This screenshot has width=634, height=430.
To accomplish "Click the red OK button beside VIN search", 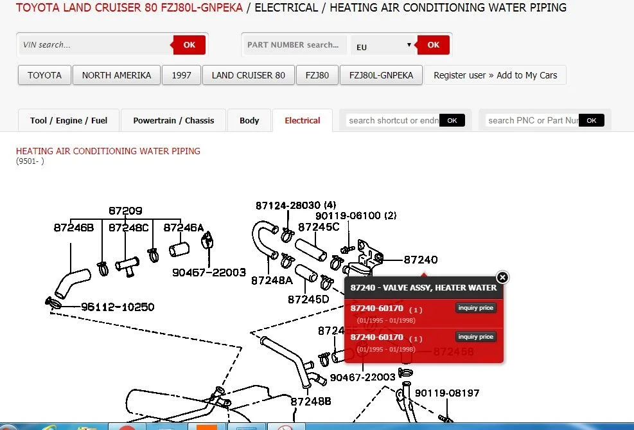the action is (x=189, y=45).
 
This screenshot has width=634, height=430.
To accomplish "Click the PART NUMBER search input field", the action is (x=295, y=45).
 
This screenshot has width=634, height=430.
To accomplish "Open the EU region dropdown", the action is (x=383, y=45).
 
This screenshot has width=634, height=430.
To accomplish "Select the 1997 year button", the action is (x=181, y=75).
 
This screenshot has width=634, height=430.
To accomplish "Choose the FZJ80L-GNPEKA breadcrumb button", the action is (x=381, y=75).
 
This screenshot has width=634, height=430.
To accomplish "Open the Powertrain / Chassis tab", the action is (x=173, y=121).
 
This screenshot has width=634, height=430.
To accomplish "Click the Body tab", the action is (x=249, y=121).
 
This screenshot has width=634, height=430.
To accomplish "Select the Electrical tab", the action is (x=303, y=121).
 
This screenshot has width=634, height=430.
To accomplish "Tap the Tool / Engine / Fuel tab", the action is (x=69, y=121).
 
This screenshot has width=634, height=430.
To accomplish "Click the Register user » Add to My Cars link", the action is (x=495, y=75).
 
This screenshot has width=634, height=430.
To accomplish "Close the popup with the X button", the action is (x=502, y=278).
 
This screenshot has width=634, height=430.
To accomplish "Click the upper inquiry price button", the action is (x=475, y=308).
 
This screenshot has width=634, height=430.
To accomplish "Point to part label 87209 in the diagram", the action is (x=125, y=211).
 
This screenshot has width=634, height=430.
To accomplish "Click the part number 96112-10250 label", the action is (x=118, y=307).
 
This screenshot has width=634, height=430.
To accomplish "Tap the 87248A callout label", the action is (x=272, y=280).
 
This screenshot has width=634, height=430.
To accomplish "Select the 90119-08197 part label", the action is (x=447, y=393).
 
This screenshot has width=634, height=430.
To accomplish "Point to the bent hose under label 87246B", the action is (x=71, y=283).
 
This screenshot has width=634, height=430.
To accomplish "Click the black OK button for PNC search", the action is (x=591, y=121).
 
